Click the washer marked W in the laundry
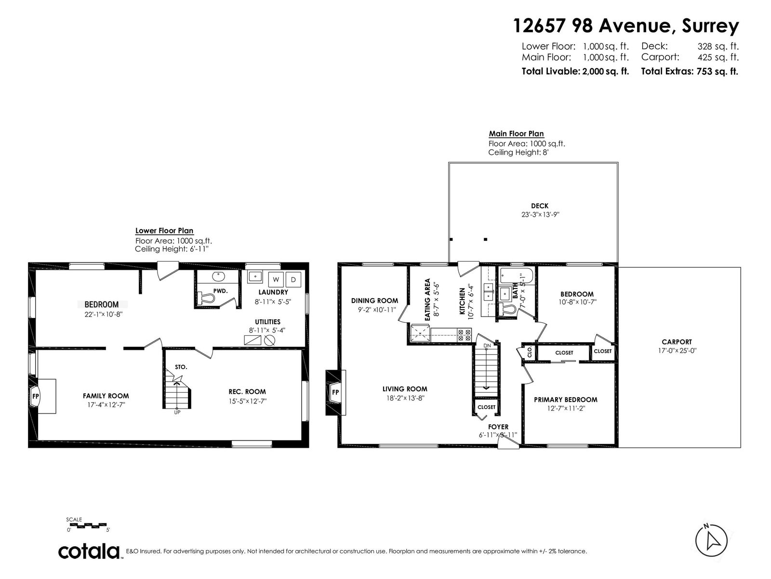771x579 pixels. [x=276, y=279]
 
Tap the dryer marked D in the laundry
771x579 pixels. [x=293, y=279]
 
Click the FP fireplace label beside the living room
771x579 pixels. [x=335, y=392]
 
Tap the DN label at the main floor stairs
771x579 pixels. [x=487, y=345]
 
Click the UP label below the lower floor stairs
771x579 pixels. [x=177, y=412]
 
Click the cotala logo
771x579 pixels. [x=89, y=551]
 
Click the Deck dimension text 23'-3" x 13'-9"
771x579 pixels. [x=540, y=214]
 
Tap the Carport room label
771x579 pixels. [x=677, y=342]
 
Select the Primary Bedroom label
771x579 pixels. [x=566, y=400]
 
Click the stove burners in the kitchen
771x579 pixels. [x=464, y=335]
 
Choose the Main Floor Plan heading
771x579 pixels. [x=517, y=134]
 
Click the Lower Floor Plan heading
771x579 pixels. [x=164, y=231]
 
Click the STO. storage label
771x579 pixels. [x=181, y=367]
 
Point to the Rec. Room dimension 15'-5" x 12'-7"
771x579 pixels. [x=247, y=401]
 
